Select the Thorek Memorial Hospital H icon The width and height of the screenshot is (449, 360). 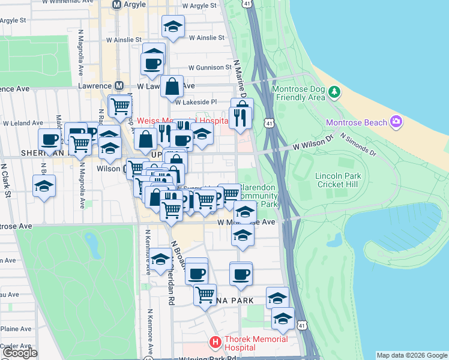click(x=215, y=343)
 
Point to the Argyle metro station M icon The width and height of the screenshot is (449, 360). click(x=117, y=5)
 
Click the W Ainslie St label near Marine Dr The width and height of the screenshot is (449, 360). click(x=206, y=37)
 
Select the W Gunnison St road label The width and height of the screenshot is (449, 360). click(x=209, y=68)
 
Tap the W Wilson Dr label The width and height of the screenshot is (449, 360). click(x=313, y=145)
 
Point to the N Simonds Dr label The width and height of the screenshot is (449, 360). click(x=358, y=145)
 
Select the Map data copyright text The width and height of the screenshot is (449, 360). click(x=411, y=355)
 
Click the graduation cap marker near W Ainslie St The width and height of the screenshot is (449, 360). click(x=173, y=26)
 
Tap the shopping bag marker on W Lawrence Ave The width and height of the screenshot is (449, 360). click(x=172, y=86)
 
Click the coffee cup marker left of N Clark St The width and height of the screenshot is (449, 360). click(x=49, y=140)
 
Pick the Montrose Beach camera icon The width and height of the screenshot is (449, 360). click(x=396, y=122)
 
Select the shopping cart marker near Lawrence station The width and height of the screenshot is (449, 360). click(x=120, y=106)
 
